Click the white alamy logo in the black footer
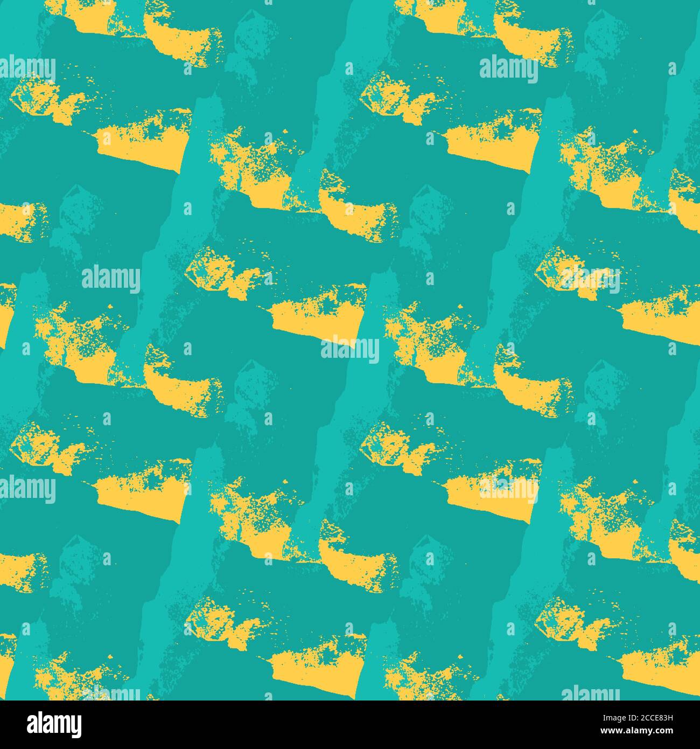tap(54, 724)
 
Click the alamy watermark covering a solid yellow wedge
tap(508, 489)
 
